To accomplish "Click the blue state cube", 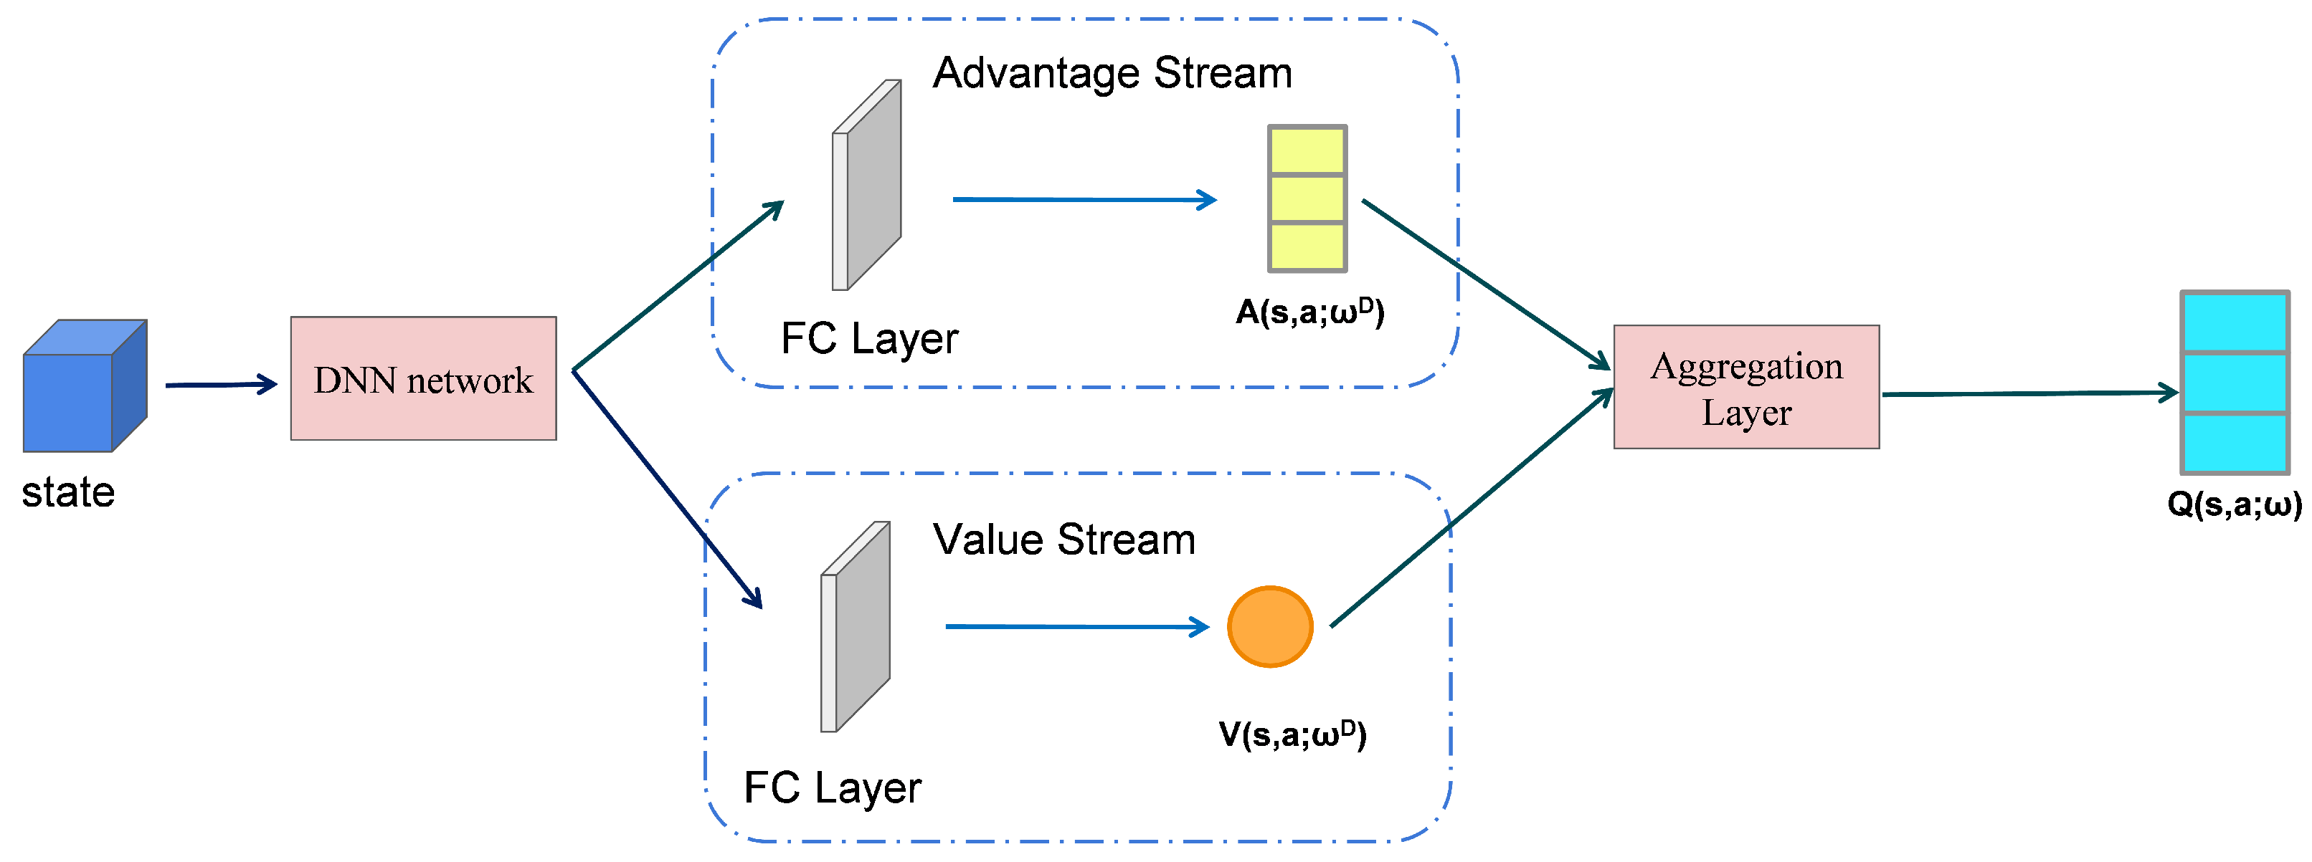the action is pyautogui.click(x=85, y=385).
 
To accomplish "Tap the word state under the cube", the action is pyautogui.click(x=68, y=492).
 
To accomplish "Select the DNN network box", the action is pyautogui.click(x=424, y=378).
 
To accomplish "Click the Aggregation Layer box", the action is pyautogui.click(x=1747, y=388).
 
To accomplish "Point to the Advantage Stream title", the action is pyautogui.click(x=1112, y=72).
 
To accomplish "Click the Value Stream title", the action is pyautogui.click(x=1064, y=539).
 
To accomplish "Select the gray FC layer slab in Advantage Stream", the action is pyautogui.click(x=867, y=185).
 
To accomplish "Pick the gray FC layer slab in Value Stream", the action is pyautogui.click(x=856, y=627).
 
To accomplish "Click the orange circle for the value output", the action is pyautogui.click(x=1270, y=627).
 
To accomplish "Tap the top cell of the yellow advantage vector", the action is pyautogui.click(x=1307, y=150).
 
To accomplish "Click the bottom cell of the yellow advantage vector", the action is pyautogui.click(x=1307, y=246).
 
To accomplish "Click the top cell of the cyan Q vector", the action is pyautogui.click(x=2235, y=322).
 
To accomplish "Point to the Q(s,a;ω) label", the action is pyautogui.click(x=2235, y=504).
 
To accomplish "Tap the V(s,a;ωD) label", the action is pyautogui.click(x=1292, y=734).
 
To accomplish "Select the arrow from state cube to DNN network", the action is pyautogui.click(x=222, y=385).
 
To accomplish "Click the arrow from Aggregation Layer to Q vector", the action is pyautogui.click(x=2030, y=393).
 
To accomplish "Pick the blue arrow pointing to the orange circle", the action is pyautogui.click(x=1078, y=627).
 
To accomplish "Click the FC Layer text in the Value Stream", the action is pyautogui.click(x=833, y=788).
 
